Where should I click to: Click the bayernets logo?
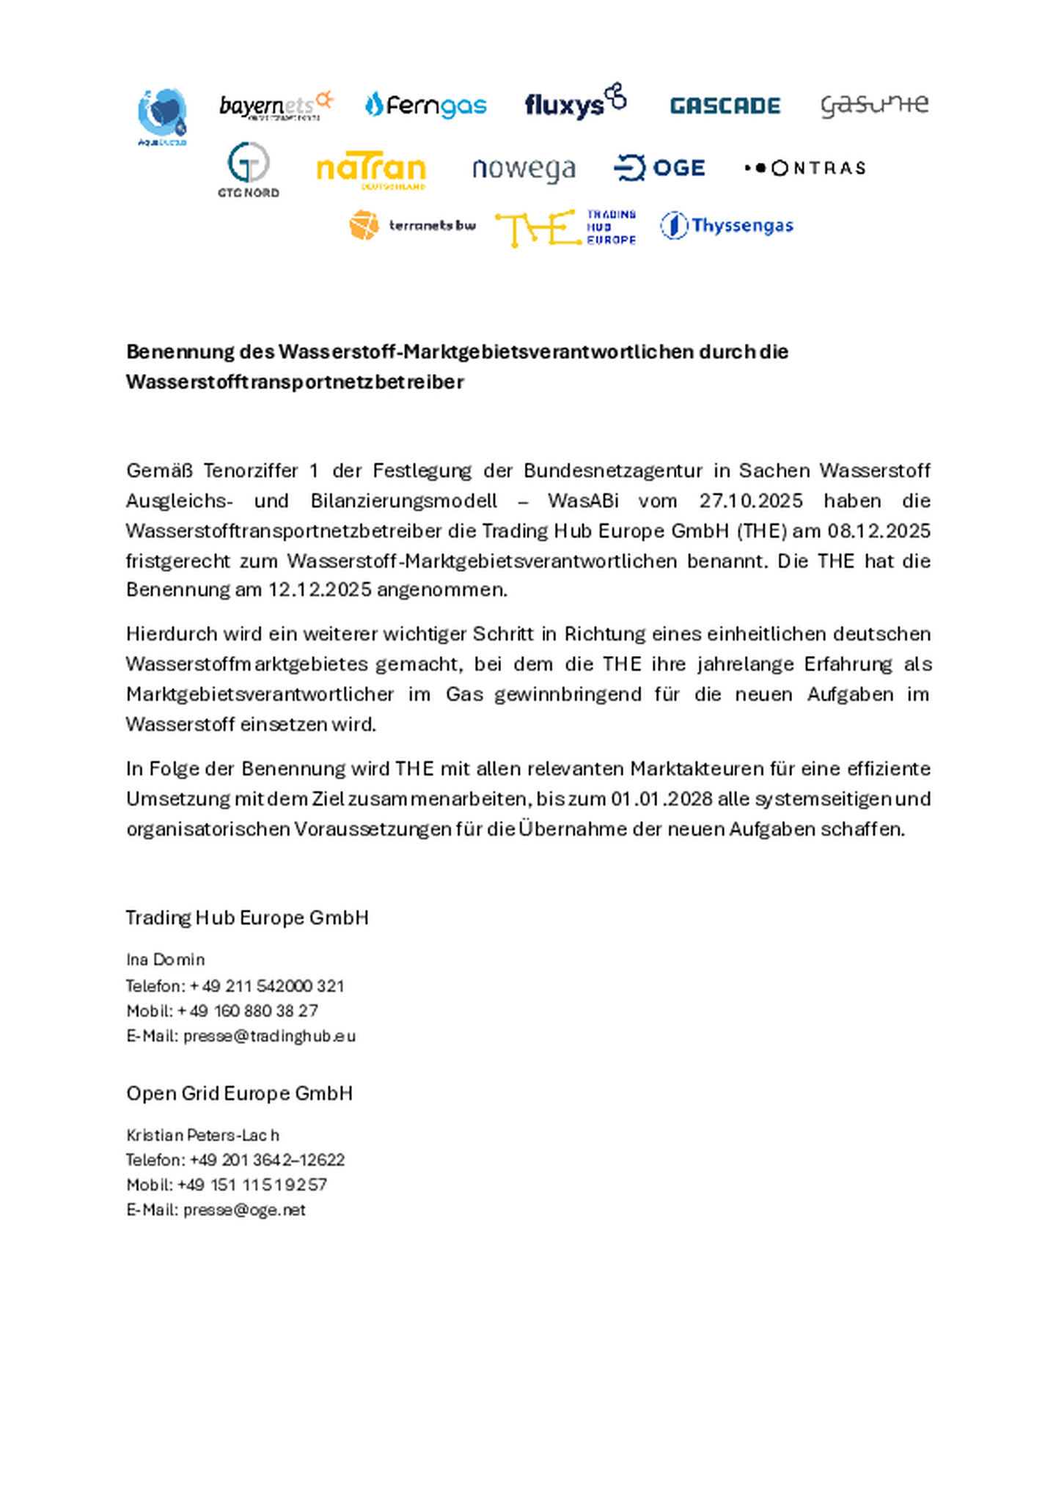pyautogui.click(x=276, y=106)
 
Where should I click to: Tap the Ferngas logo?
pyautogui.click(x=425, y=106)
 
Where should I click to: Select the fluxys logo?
pyautogui.click(x=576, y=102)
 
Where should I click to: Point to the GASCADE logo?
pyautogui.click(x=725, y=106)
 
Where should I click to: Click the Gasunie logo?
pyautogui.click(x=874, y=106)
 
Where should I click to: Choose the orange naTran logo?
pyautogui.click(x=371, y=171)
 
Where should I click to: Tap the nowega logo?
pyautogui.click(x=524, y=169)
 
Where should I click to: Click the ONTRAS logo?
pyautogui.click(x=805, y=168)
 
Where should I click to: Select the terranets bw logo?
pyautogui.click(x=412, y=225)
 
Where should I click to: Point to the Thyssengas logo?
pyautogui.click(x=727, y=225)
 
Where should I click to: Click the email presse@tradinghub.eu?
pyautogui.click(x=269, y=1036)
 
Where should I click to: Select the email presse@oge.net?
pyautogui.click(x=244, y=1210)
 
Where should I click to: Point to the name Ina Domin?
pyautogui.click(x=165, y=960)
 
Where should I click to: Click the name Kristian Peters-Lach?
pyautogui.click(x=202, y=1135)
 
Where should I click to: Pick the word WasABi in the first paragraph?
pyautogui.click(x=583, y=501)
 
